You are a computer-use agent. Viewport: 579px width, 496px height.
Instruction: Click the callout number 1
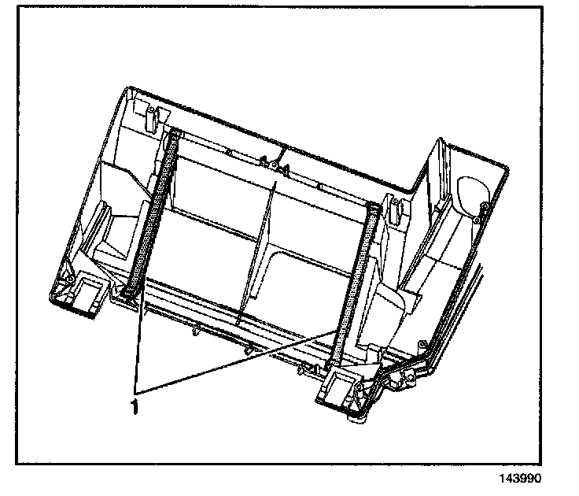click(x=135, y=407)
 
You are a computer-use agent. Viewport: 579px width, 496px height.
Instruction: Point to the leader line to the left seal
click(x=138, y=346)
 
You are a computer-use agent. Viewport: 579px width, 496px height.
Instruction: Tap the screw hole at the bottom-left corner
click(x=70, y=279)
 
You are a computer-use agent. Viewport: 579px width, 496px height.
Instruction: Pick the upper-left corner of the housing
click(x=126, y=91)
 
